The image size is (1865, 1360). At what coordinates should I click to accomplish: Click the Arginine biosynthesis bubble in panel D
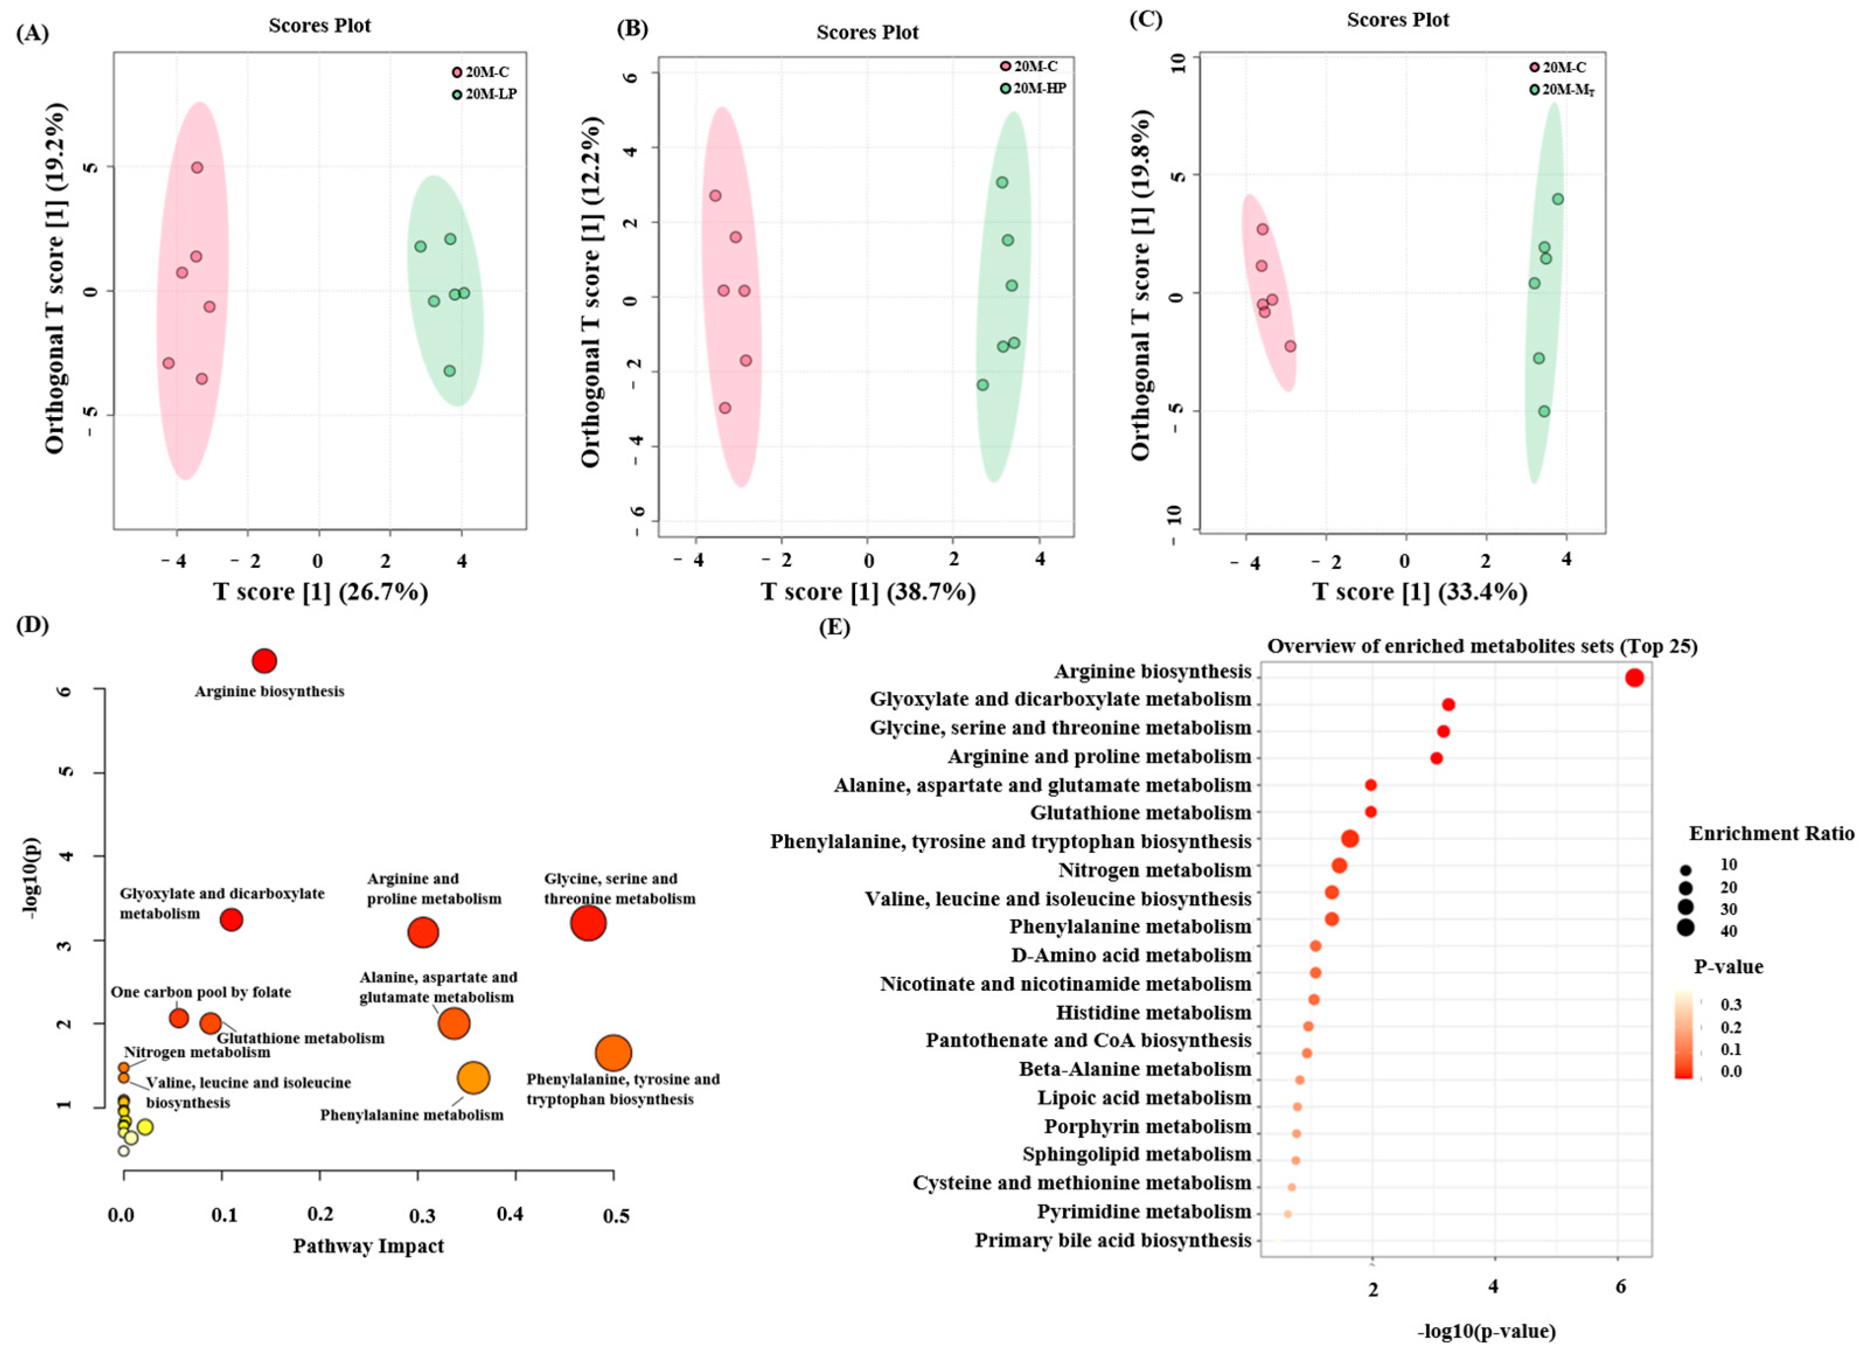pyautogui.click(x=263, y=660)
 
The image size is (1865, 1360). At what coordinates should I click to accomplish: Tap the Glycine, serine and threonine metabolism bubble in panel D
pyautogui.click(x=588, y=923)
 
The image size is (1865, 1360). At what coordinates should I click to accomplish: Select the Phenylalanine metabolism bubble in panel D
pyautogui.click(x=473, y=1077)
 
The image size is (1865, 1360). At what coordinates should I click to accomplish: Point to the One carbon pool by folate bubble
pyautogui.click(x=179, y=1018)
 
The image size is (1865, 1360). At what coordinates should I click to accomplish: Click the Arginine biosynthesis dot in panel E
pyautogui.click(x=1634, y=677)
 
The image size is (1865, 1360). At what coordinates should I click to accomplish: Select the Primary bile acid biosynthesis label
pyautogui.click(x=1113, y=1240)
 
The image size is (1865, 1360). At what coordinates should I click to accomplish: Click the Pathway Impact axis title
pyautogui.click(x=368, y=1246)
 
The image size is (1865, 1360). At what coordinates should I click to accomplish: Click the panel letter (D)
pyautogui.click(x=32, y=625)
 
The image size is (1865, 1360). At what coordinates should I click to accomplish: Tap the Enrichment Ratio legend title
pyautogui.click(x=1771, y=833)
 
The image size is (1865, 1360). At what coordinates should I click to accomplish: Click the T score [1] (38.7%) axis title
pyautogui.click(x=868, y=592)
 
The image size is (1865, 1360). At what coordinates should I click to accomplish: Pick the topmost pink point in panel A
pyautogui.click(x=197, y=167)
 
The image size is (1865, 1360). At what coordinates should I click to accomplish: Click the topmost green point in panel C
pyautogui.click(x=1557, y=199)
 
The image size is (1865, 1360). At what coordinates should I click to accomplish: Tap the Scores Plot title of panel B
pyautogui.click(x=867, y=32)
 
